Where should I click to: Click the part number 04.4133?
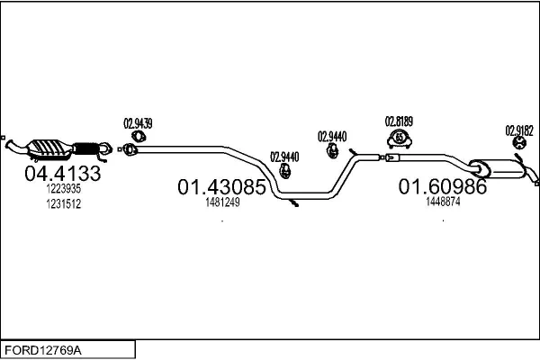(62, 174)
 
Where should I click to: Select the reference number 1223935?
(63, 189)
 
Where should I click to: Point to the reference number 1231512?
(63, 204)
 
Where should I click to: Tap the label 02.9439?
(138, 123)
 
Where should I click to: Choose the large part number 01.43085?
(220, 188)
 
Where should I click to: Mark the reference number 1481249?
(221, 202)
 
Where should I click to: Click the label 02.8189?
(399, 121)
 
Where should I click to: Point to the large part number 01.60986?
(442, 187)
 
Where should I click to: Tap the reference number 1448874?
(443, 202)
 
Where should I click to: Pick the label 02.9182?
(519, 129)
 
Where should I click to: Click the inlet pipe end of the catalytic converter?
(12, 143)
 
